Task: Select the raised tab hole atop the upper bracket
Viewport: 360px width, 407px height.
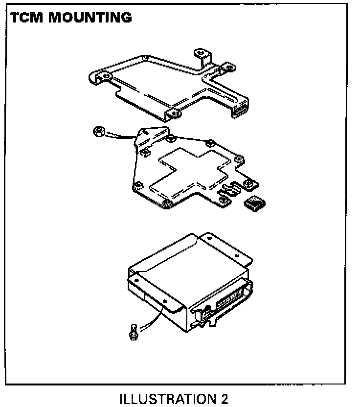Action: pyautogui.click(x=200, y=52)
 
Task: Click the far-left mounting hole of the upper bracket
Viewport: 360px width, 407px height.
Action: pyautogui.click(x=104, y=75)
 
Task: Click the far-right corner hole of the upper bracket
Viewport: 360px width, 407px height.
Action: pyautogui.click(x=228, y=67)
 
